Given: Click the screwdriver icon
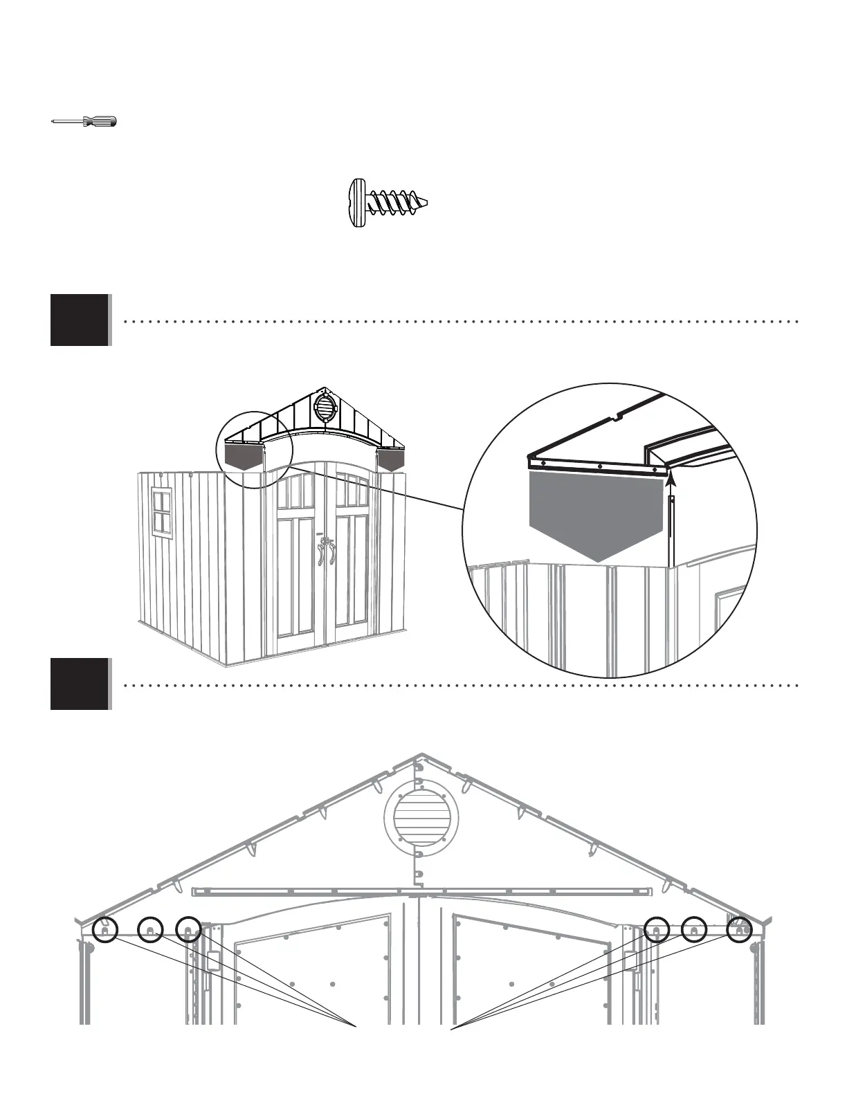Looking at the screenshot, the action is coord(85,122).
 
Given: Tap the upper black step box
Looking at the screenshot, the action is coord(80,320).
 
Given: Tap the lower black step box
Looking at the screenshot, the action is coord(80,684).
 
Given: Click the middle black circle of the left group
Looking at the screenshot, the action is coord(149,931).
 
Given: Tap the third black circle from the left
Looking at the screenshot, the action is coord(188,931).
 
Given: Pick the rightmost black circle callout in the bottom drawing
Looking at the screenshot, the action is coord(739,931).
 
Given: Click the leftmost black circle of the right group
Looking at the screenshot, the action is coord(656,931).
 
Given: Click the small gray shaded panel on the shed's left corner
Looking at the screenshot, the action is coord(244,457).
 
